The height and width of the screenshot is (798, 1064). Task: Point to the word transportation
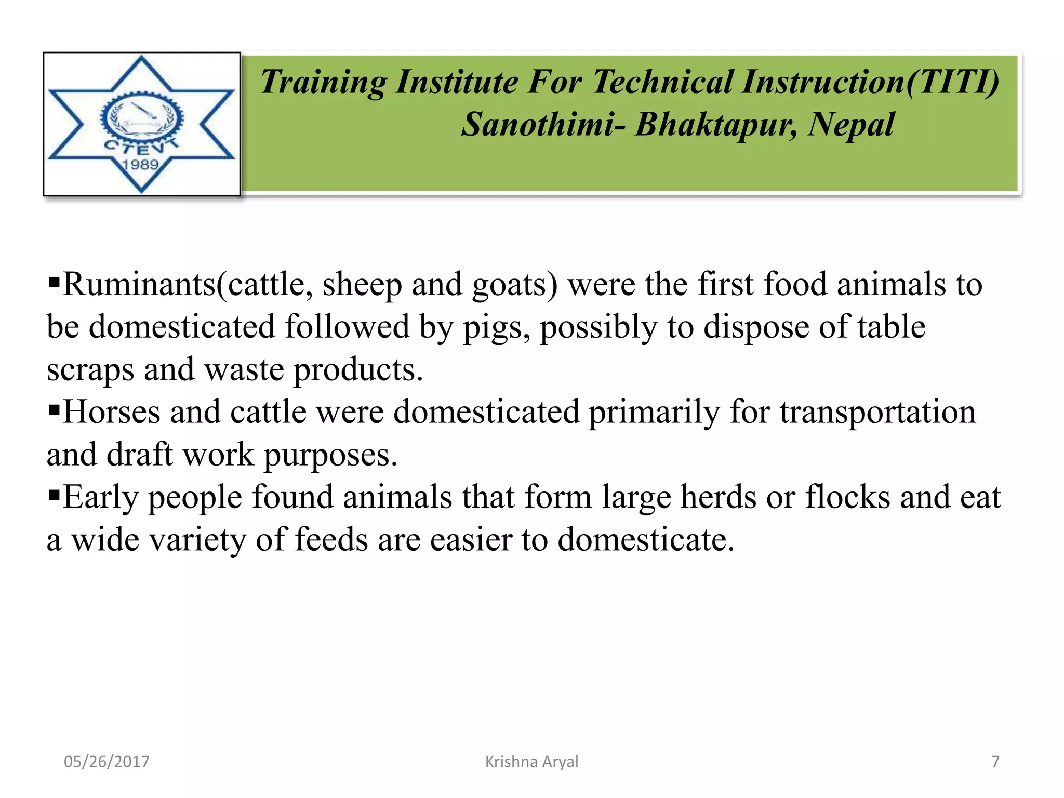tap(877, 412)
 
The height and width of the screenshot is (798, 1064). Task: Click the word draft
tap(140, 455)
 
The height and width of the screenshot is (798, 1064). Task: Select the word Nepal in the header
tap(850, 125)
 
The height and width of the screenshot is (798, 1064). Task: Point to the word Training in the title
tap(323, 82)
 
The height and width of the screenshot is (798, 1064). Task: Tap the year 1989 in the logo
tap(140, 165)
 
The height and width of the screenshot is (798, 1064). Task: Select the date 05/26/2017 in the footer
tap(107, 762)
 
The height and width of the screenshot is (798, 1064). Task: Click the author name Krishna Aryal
tap(531, 762)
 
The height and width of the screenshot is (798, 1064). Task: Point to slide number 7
tap(995, 762)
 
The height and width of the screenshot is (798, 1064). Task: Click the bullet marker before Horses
tap(54, 409)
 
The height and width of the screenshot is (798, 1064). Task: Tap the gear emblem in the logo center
tap(141, 117)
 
